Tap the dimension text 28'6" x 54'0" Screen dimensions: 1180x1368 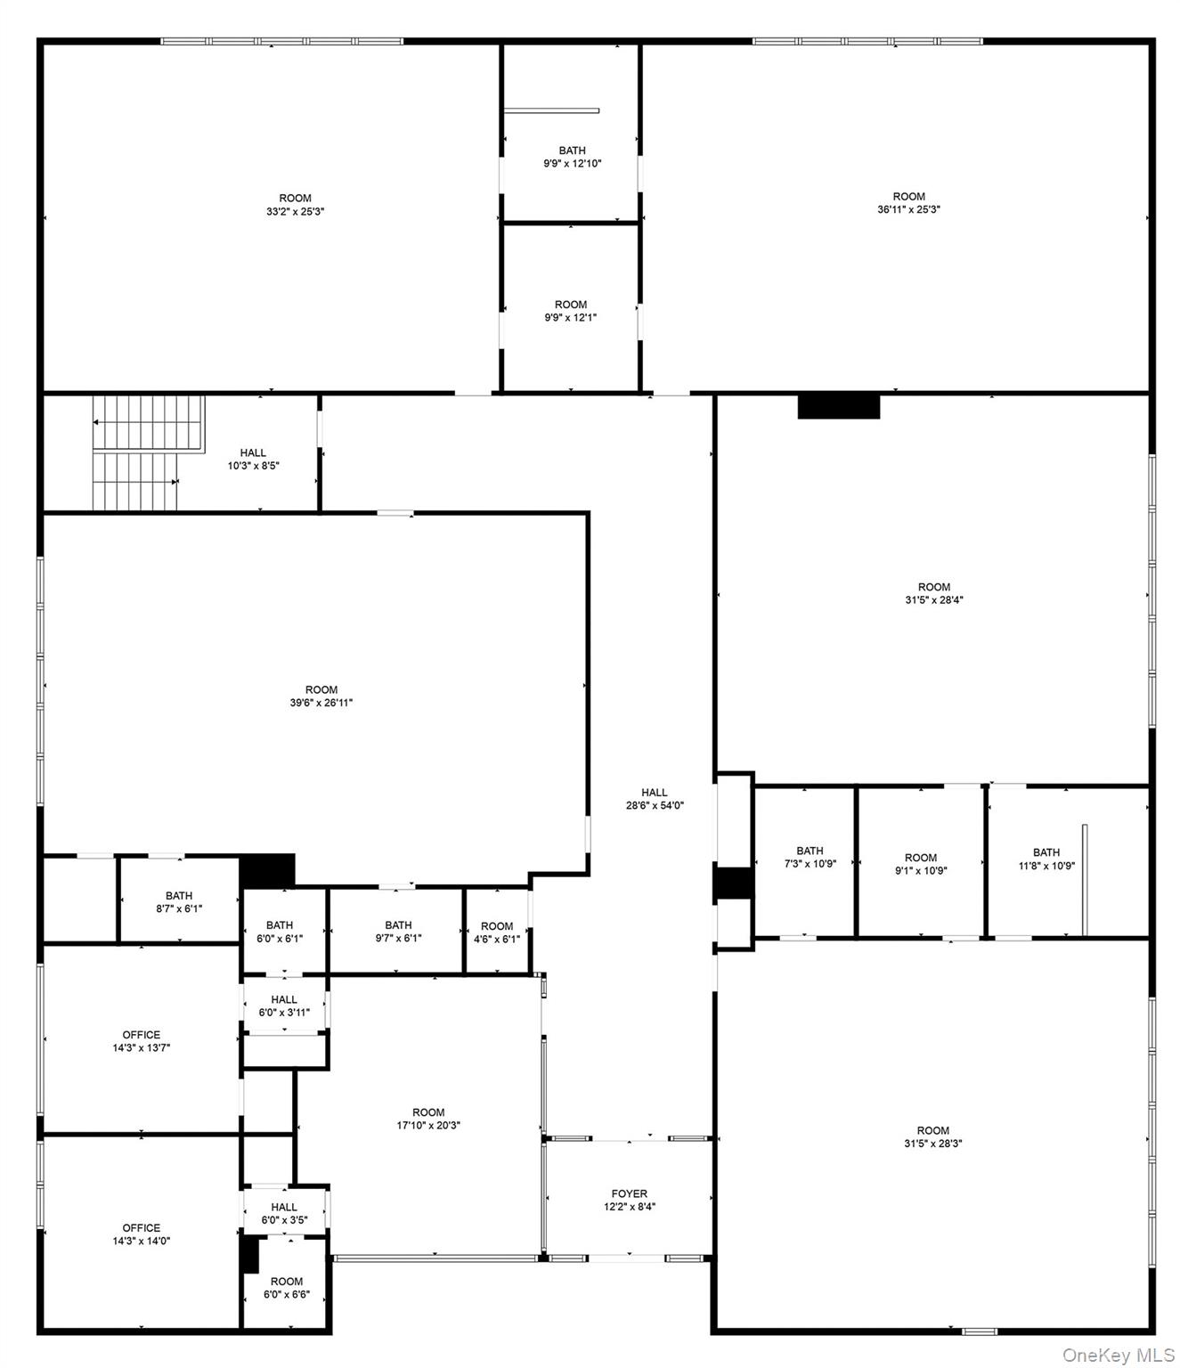655,805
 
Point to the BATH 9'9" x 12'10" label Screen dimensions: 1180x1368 572,157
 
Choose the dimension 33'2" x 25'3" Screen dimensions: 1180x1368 295,212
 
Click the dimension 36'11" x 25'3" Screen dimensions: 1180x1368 908,210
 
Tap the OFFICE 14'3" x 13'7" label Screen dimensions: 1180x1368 141,1041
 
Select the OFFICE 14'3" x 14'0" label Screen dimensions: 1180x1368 141,1234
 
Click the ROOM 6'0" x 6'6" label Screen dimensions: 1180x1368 287,1288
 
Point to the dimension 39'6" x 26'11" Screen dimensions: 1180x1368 321,703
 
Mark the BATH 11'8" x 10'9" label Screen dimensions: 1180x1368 1046,859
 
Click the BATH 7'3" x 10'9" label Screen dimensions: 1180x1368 810,857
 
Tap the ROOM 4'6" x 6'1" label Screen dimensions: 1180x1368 496,932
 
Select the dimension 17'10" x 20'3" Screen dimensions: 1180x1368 428,1125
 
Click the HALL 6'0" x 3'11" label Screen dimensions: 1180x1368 284,1006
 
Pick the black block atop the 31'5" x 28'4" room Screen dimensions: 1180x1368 838,406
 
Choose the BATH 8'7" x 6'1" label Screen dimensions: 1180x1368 179,902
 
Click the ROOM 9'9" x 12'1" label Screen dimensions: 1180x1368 571,311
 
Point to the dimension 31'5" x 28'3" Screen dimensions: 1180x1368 932,1143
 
